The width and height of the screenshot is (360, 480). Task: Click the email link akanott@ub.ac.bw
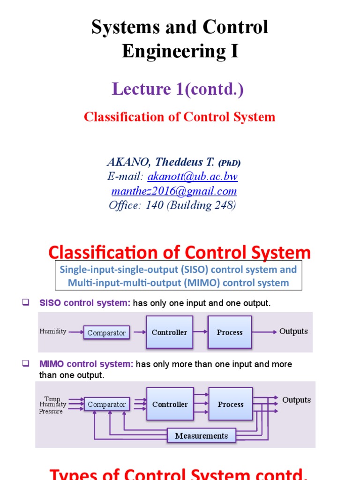pyautogui.click(x=193, y=177)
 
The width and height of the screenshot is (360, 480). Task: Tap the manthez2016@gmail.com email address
pyautogui.click(x=174, y=191)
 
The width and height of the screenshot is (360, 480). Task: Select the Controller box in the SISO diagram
pyautogui.click(x=169, y=332)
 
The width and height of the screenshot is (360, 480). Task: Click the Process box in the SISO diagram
pyautogui.click(x=230, y=332)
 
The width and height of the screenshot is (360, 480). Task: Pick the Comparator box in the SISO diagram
pyautogui.click(x=106, y=333)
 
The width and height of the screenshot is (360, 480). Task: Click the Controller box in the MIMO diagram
pyautogui.click(x=170, y=404)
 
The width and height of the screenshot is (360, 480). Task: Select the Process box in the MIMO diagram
pyautogui.click(x=230, y=404)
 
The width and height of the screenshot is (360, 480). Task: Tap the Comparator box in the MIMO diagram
pyautogui.click(x=106, y=404)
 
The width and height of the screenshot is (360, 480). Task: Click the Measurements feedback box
pyautogui.click(x=201, y=435)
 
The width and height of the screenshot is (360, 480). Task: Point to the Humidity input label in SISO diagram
pyautogui.click(x=53, y=331)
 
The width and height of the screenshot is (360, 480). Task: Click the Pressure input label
pyautogui.click(x=51, y=411)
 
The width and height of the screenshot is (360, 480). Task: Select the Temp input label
pyautogui.click(x=52, y=399)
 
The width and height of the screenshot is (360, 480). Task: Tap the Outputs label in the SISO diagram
pyautogui.click(x=293, y=331)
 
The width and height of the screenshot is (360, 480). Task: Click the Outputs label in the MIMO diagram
pyautogui.click(x=296, y=400)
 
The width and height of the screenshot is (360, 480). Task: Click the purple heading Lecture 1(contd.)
pyautogui.click(x=178, y=89)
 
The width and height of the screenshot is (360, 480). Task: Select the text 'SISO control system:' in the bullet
pyautogui.click(x=85, y=303)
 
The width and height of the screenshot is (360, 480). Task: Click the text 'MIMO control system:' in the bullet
pyautogui.click(x=87, y=364)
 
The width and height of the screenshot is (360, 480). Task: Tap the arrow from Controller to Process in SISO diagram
pyautogui.click(x=200, y=332)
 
